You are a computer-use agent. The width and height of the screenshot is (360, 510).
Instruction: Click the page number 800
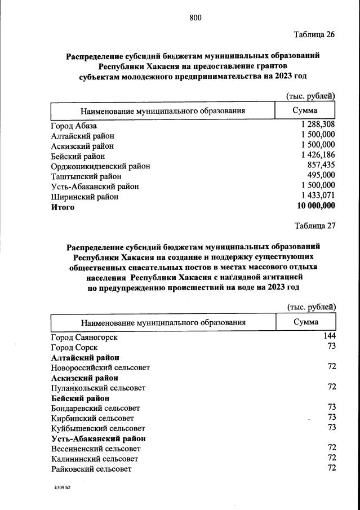pyautogui.click(x=195, y=18)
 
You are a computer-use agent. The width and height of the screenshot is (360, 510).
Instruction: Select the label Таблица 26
pyautogui.click(x=314, y=34)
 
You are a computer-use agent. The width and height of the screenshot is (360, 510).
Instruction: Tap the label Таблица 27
pyautogui.click(x=315, y=225)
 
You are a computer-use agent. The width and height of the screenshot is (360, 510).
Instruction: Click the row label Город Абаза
pyautogui.click(x=74, y=126)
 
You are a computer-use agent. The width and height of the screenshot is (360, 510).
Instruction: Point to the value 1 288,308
pyautogui.click(x=318, y=125)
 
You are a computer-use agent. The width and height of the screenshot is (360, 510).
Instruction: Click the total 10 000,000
pyautogui.click(x=315, y=206)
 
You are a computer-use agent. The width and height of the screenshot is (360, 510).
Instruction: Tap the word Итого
pyautogui.click(x=63, y=207)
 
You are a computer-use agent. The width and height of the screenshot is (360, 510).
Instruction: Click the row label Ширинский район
pyautogui.click(x=85, y=197)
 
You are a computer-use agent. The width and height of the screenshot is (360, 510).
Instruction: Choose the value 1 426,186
pyautogui.click(x=318, y=156)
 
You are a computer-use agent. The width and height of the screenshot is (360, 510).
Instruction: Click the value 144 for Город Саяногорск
pyautogui.click(x=329, y=336)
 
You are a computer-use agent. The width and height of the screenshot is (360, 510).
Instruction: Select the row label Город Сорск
pyautogui.click(x=74, y=348)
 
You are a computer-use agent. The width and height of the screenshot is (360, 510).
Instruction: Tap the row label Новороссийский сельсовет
pyautogui.click(x=100, y=367)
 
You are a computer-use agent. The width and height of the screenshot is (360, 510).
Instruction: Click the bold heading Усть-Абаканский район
pyautogui.click(x=98, y=438)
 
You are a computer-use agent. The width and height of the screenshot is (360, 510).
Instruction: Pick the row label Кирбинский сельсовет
pyautogui.click(x=92, y=418)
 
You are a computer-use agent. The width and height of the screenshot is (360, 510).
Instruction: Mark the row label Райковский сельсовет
pyautogui.click(x=91, y=469)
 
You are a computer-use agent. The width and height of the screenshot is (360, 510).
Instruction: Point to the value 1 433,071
pyautogui.click(x=318, y=196)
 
